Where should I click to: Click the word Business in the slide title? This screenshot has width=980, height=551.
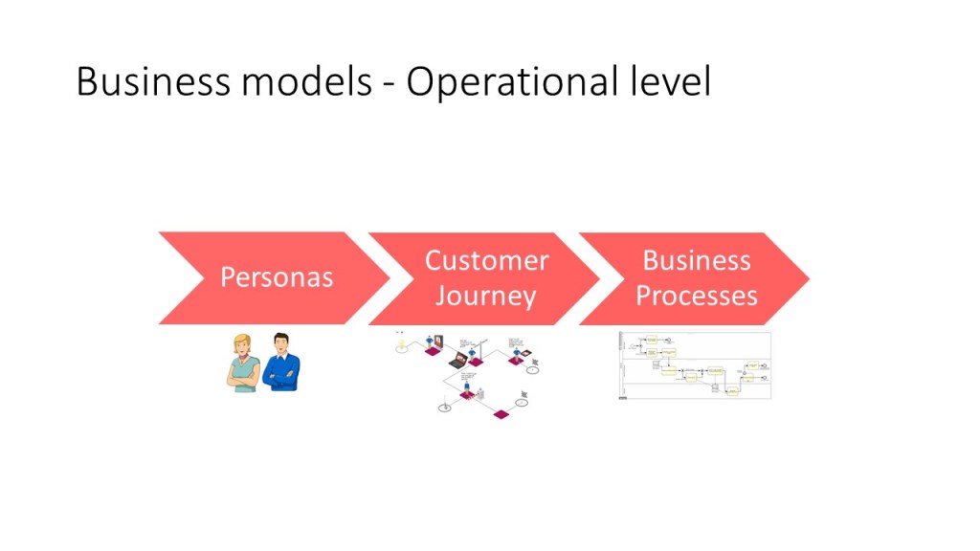[x=152, y=82]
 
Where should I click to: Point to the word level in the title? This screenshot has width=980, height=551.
[x=670, y=82]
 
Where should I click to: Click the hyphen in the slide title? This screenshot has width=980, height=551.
[x=388, y=86]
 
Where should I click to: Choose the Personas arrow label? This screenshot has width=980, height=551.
[x=277, y=277]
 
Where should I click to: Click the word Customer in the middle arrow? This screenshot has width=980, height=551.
[x=486, y=260]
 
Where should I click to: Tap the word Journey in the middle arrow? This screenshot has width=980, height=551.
[x=486, y=296]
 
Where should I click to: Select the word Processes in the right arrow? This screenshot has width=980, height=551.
[x=696, y=296]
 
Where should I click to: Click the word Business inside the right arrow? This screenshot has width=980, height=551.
[x=696, y=260]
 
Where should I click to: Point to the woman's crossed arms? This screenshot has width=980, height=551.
[x=242, y=376]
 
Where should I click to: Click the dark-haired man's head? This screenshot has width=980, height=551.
[x=281, y=342]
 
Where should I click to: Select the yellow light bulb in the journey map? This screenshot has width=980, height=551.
[x=400, y=339]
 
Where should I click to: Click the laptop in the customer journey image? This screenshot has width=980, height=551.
[x=457, y=362]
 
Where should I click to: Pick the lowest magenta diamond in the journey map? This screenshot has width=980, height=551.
[x=499, y=414]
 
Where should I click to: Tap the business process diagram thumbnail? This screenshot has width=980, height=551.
[x=695, y=365]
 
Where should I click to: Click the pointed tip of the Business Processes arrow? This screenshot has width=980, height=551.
[x=808, y=278]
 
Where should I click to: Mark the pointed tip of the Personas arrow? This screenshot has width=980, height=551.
[x=388, y=278]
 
